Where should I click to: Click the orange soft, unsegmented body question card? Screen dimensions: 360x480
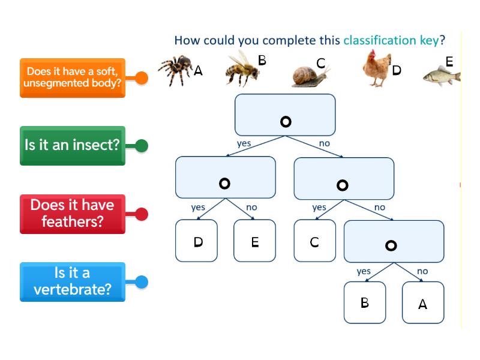click(x=72, y=78)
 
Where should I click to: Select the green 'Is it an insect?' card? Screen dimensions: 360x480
click(x=72, y=145)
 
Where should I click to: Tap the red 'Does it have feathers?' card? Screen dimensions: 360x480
click(x=72, y=214)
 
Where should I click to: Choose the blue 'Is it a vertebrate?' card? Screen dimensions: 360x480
click(x=72, y=281)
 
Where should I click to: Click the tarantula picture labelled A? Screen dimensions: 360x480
click(x=175, y=70)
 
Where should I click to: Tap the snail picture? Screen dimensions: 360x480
click(x=310, y=75)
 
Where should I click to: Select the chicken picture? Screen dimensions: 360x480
click(x=376, y=68)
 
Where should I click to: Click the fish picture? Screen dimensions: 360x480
click(x=441, y=76)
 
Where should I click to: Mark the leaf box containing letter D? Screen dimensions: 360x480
click(x=196, y=241)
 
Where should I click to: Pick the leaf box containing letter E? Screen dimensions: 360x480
click(x=254, y=241)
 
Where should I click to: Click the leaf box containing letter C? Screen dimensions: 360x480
click(x=314, y=241)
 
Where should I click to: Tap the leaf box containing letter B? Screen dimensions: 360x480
click(x=364, y=302)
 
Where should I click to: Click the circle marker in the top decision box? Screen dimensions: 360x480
click(x=286, y=122)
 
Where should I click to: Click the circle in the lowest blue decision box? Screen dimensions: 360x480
click(x=391, y=245)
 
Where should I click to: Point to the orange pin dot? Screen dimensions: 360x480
click(x=142, y=78)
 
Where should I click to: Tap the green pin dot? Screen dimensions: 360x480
click(x=142, y=145)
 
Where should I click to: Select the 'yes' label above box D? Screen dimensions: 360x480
click(x=198, y=208)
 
